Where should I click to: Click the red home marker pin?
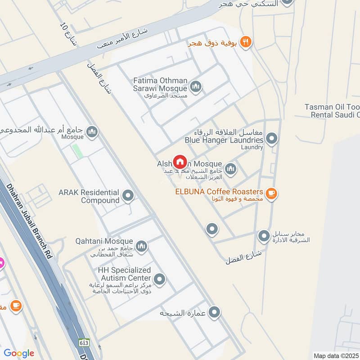click(x=180, y=161)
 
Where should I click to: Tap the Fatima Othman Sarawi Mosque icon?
click(x=195, y=87)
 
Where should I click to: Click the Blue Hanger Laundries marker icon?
click(x=271, y=139)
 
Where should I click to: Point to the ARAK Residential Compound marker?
click(x=128, y=196)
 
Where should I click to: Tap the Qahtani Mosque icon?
click(x=142, y=246)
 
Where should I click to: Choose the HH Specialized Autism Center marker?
click(x=159, y=279)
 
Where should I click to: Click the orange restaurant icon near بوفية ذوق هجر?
click(x=246, y=42)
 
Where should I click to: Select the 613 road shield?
click(x=83, y=342)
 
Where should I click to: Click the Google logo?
click(x=19, y=353)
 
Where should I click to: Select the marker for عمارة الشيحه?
click(x=215, y=311)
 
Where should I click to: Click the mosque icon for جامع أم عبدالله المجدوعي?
click(x=92, y=132)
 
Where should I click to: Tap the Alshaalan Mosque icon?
click(x=230, y=169)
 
